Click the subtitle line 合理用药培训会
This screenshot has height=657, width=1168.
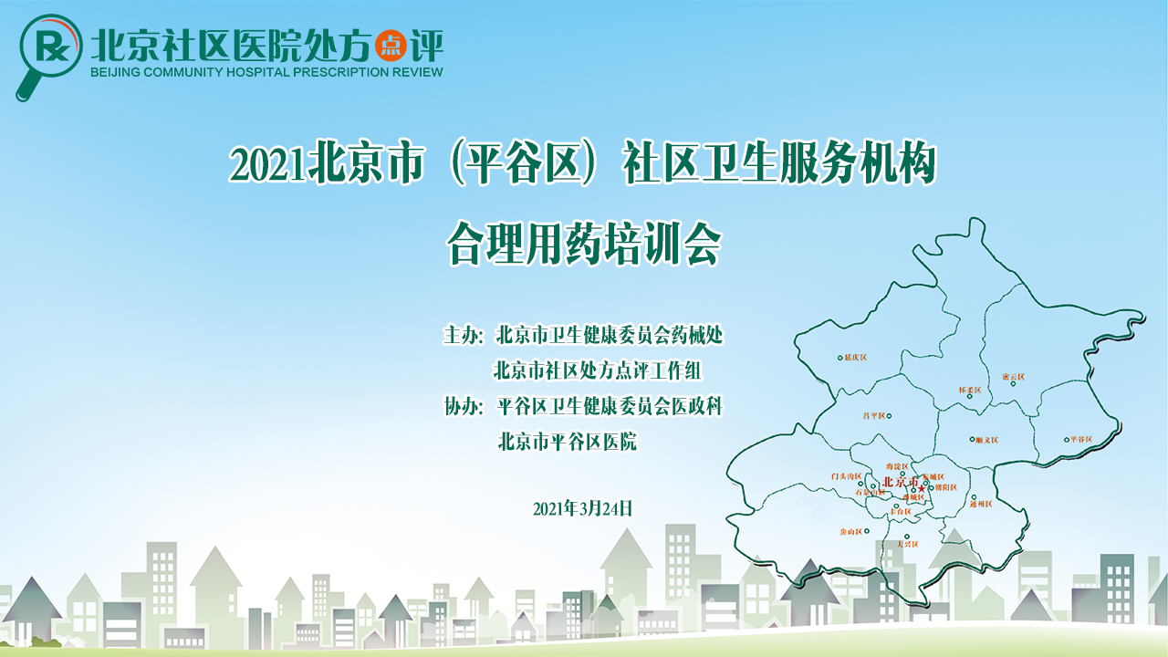tap(584, 242)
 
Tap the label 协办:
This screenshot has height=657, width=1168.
tap(462, 406)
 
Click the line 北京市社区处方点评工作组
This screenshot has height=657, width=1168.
tap(599, 370)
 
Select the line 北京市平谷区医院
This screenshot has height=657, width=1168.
tap(567, 442)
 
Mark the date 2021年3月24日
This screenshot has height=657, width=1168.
tap(582, 509)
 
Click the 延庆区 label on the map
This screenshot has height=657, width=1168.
tap(856, 358)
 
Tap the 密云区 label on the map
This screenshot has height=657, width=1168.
tap(1013, 376)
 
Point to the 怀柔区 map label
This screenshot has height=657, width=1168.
tap(969, 390)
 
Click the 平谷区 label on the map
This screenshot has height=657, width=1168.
tap(1080, 440)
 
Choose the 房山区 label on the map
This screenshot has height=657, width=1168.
tap(850, 531)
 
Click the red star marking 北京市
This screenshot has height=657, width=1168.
tap(922, 489)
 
